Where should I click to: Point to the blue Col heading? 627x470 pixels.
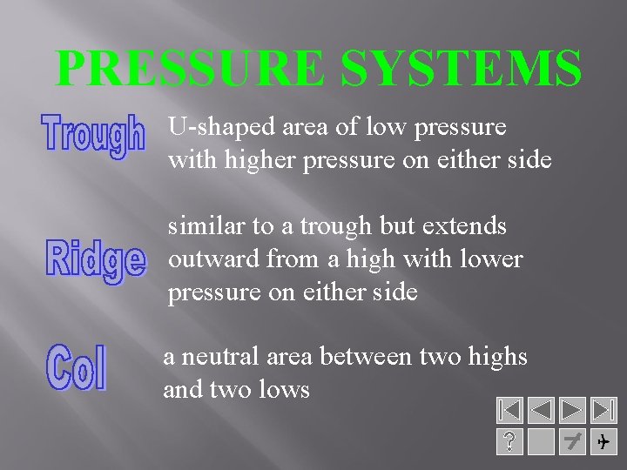pyautogui.click(x=78, y=366)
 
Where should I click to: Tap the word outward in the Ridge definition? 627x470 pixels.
pyautogui.click(x=213, y=259)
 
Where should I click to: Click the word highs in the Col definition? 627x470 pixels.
pyautogui.click(x=496, y=356)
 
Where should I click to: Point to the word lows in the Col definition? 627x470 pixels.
pyautogui.click(x=284, y=389)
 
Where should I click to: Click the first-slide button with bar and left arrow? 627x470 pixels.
pyautogui.click(x=509, y=411)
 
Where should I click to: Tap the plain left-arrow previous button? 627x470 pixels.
pyautogui.click(x=541, y=411)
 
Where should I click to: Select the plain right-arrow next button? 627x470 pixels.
pyautogui.click(x=572, y=411)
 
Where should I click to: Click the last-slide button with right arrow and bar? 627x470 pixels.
pyautogui.click(x=603, y=411)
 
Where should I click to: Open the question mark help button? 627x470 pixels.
pyautogui.click(x=509, y=442)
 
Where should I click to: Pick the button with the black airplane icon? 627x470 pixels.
pyautogui.click(x=603, y=442)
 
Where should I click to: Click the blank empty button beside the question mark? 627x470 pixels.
pyautogui.click(x=541, y=442)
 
